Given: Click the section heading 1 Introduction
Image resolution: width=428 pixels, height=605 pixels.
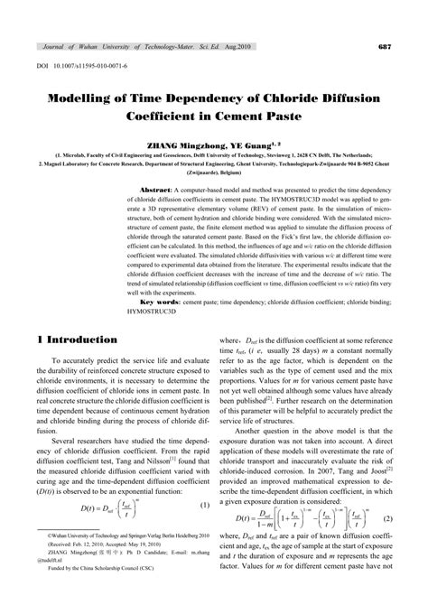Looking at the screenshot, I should tap(79, 340).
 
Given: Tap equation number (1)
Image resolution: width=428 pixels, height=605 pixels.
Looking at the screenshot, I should tap(204, 504).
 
